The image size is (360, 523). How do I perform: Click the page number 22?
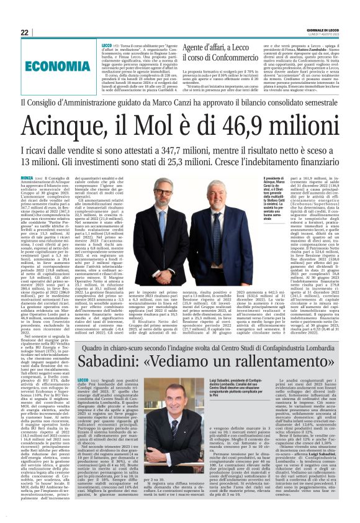pos(24,32)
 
